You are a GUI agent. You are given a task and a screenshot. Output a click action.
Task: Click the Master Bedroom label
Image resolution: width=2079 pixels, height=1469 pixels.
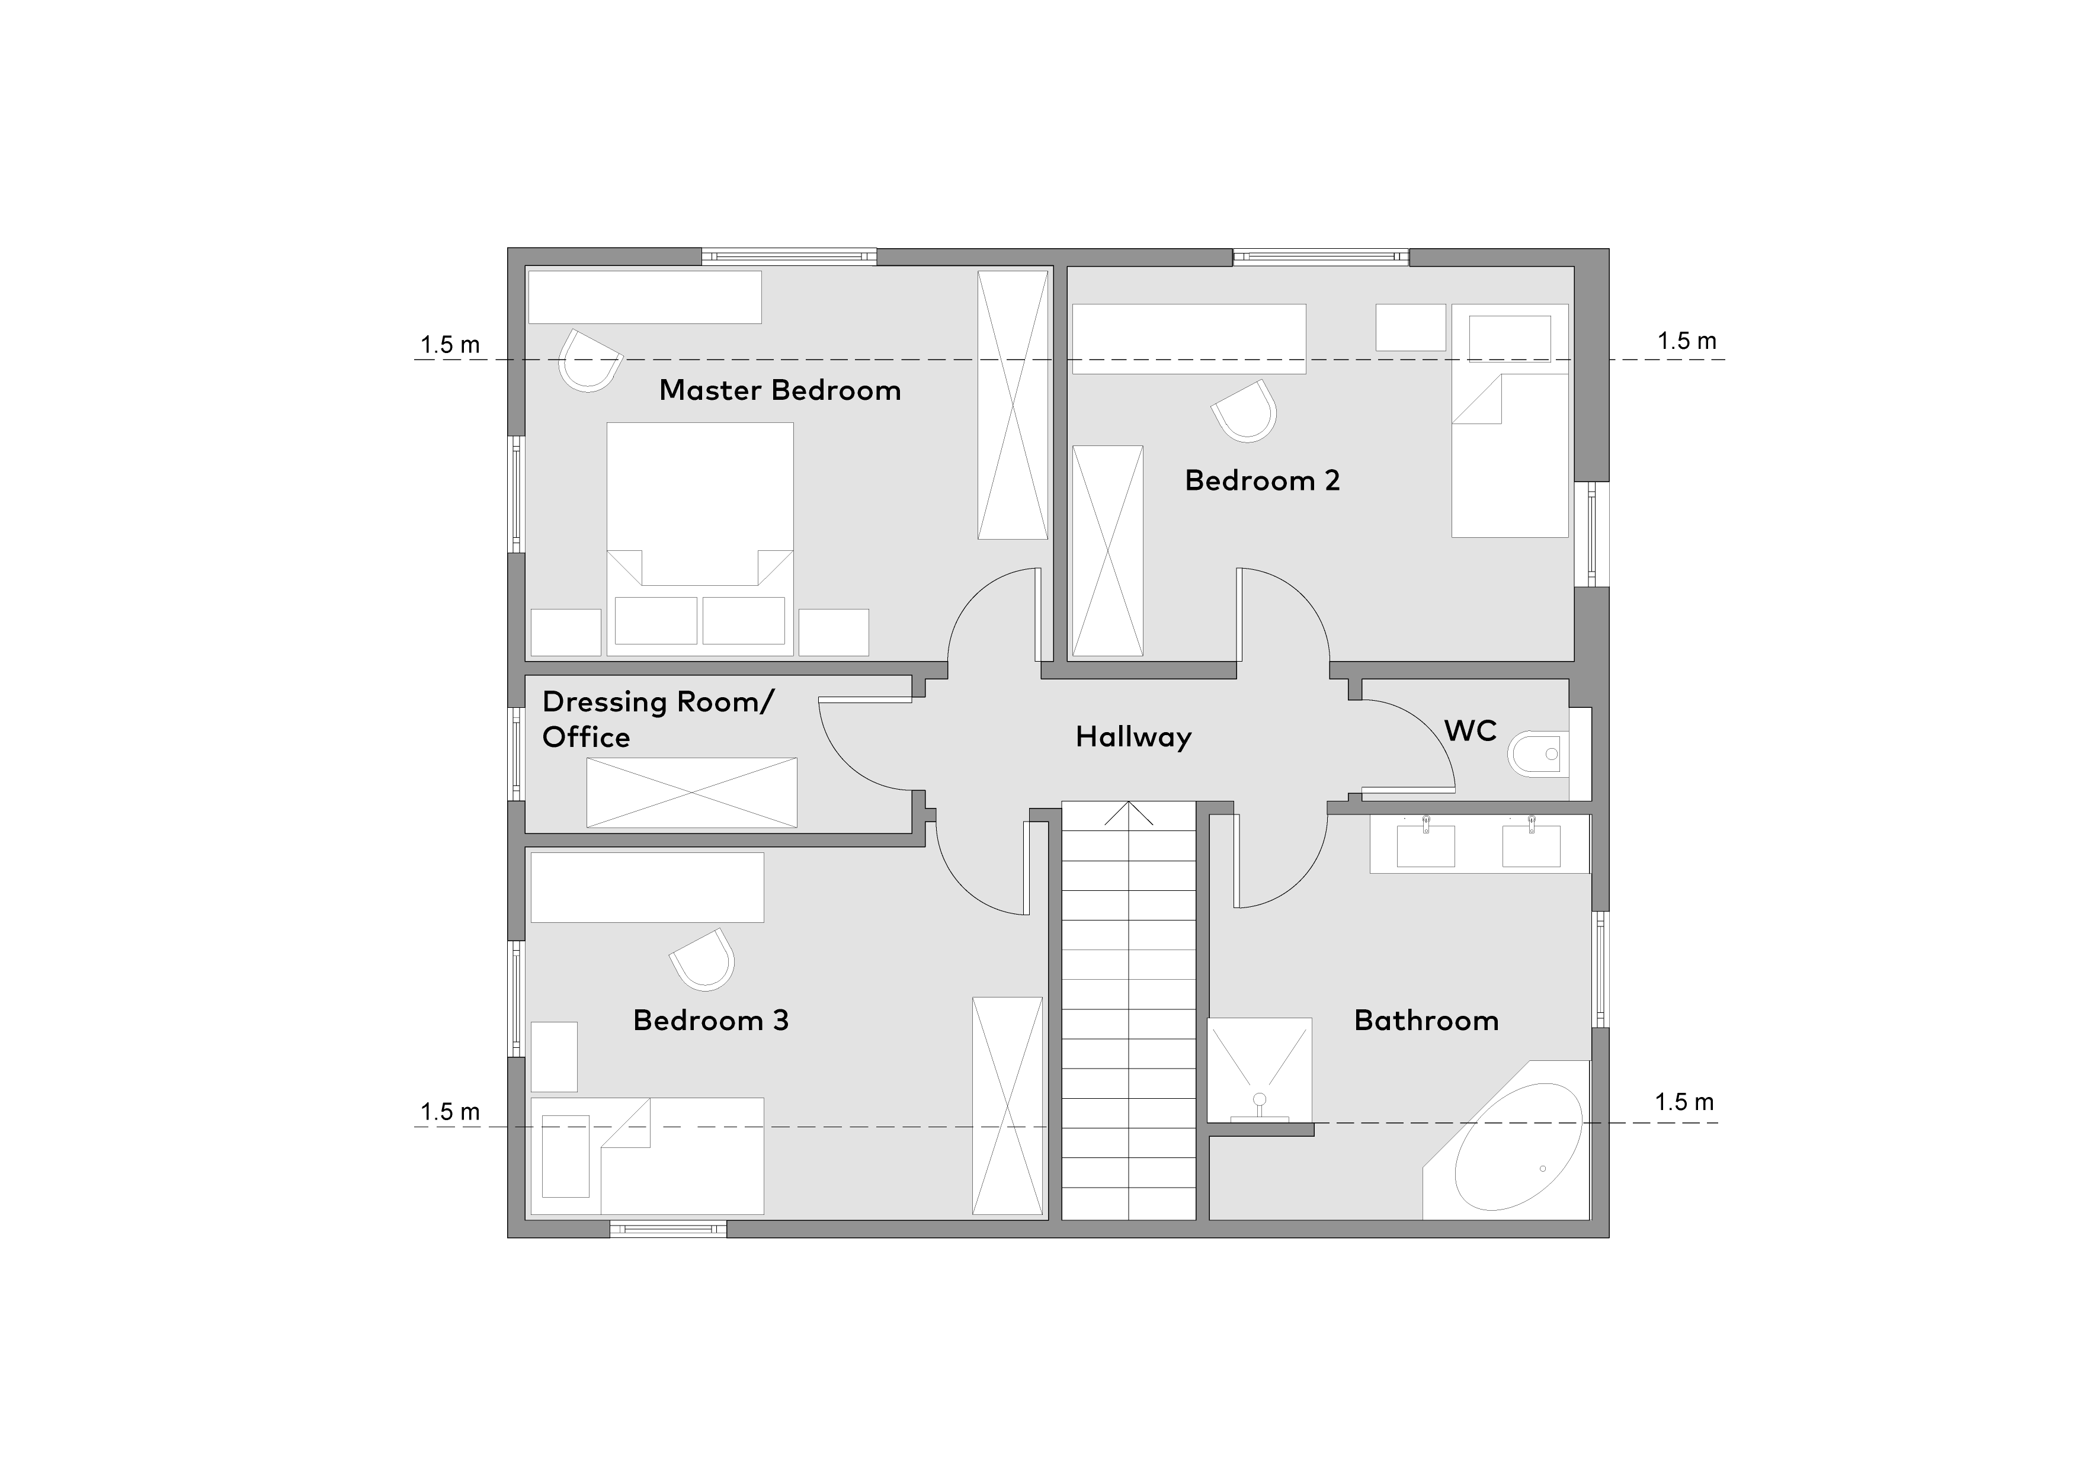tap(780, 390)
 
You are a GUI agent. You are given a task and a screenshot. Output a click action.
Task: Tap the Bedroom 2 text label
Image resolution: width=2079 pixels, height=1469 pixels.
tap(1262, 480)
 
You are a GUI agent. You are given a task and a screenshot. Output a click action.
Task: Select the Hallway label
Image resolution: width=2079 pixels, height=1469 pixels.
tap(1133, 737)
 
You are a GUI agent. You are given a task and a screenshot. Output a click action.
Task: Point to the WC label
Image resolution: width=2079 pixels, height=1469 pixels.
tap(1471, 730)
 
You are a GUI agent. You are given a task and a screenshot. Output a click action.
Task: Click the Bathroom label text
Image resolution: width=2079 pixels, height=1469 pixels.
tap(1426, 1020)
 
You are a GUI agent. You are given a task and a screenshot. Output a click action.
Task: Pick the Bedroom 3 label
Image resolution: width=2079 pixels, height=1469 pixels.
tap(711, 1020)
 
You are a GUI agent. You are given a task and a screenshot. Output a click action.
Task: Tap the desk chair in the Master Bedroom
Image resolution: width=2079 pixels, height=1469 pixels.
tap(590, 360)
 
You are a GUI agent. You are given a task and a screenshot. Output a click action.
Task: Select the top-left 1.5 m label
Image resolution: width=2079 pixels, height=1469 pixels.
tap(450, 345)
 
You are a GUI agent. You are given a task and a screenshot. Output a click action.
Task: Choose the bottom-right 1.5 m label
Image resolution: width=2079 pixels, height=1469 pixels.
tap(1684, 1102)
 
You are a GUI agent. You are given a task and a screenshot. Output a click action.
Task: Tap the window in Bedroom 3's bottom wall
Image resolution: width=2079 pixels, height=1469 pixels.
tap(668, 1229)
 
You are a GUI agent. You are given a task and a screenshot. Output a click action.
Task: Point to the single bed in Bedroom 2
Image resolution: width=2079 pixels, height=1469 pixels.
tap(1510, 421)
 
